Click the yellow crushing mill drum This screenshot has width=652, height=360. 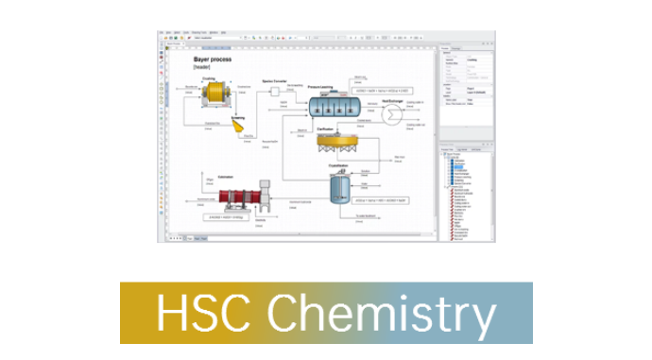point(217,93)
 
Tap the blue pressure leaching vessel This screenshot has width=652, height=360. point(336,104)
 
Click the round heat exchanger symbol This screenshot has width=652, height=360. point(389,112)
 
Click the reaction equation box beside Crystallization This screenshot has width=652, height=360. point(382,200)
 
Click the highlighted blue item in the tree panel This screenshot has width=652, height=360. point(459,166)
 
